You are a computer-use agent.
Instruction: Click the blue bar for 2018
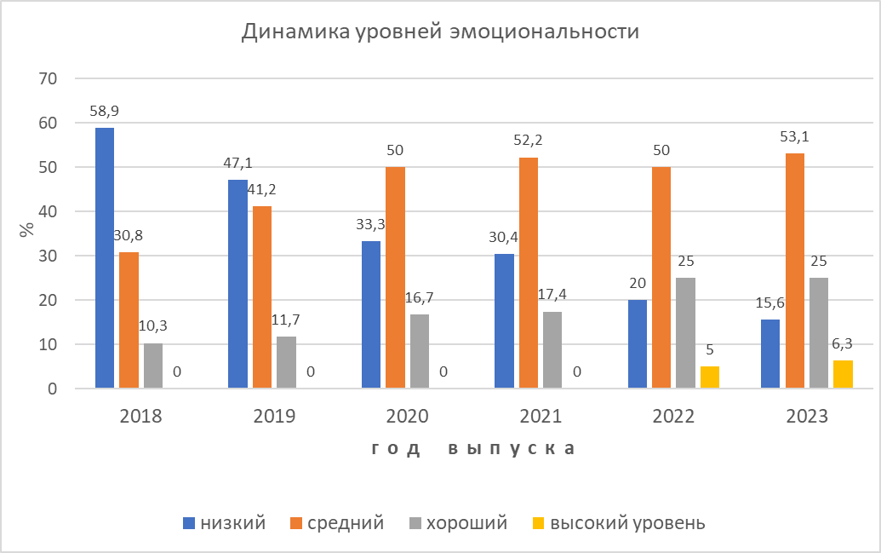(105, 258)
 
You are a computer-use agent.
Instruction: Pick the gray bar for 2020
(420, 351)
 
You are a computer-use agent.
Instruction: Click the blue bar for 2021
(504, 321)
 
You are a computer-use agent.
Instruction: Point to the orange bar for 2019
(262, 297)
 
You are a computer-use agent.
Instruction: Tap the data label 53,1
(795, 137)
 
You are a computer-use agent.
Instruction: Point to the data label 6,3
(843, 344)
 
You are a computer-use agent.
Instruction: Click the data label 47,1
(237, 164)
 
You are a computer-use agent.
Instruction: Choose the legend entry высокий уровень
(626, 523)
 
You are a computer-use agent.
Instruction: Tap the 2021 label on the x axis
(541, 417)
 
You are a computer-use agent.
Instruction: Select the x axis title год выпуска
(472, 449)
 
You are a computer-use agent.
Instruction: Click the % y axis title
(26, 230)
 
